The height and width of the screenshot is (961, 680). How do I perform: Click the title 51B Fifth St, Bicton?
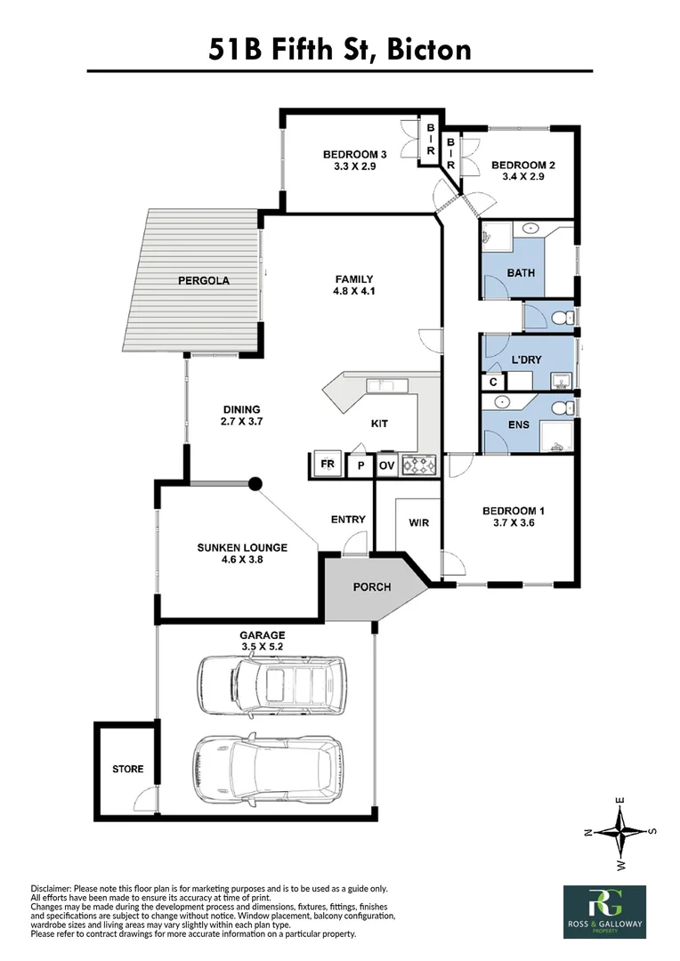coord(340,49)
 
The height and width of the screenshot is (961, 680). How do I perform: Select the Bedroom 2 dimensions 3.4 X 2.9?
coord(523,177)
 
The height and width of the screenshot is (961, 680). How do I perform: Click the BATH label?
coord(521,272)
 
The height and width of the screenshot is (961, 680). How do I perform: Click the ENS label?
coord(519,424)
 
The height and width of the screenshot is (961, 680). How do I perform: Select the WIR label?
coord(418,522)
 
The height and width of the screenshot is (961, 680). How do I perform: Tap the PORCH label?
coord(372,587)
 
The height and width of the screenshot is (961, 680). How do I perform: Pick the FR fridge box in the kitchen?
coord(327,465)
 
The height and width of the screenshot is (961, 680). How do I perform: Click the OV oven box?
coord(387,465)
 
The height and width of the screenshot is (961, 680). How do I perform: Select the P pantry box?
coord(360,465)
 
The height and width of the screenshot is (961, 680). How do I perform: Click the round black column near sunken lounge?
coord(255,484)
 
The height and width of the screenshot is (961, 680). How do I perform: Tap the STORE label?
coord(127,769)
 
